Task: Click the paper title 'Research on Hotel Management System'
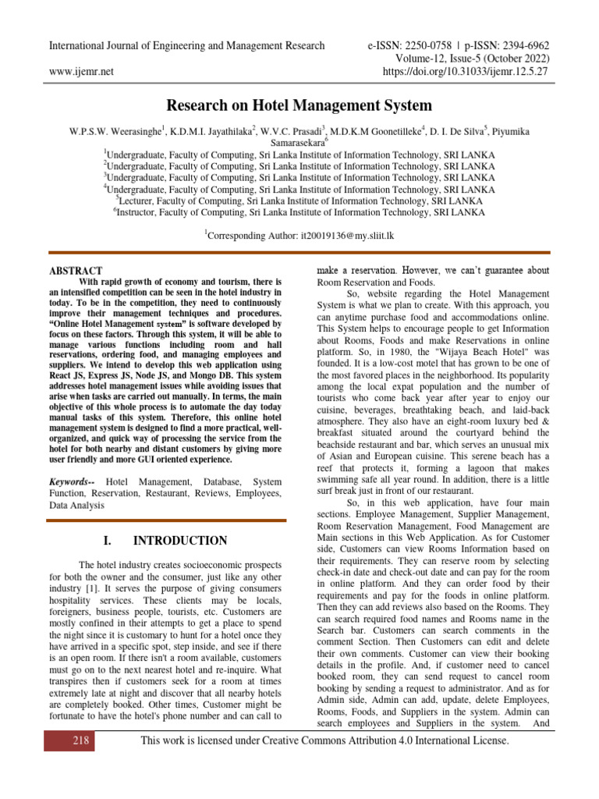(x=299, y=105)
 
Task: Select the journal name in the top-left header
(x=187, y=45)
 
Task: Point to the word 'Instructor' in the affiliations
(x=140, y=211)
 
